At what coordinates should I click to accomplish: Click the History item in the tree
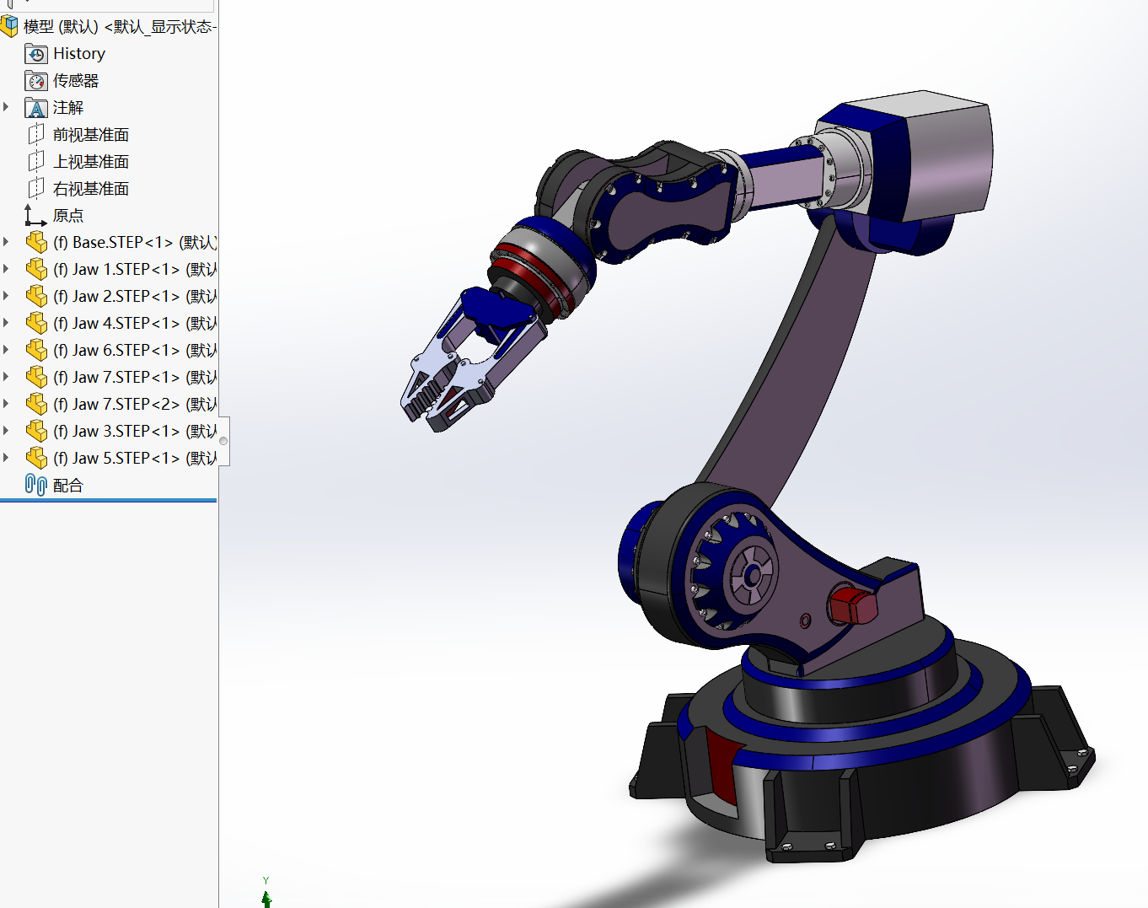[78, 54]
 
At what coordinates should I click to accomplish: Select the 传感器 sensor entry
[75, 81]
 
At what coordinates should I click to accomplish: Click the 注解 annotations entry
[67, 108]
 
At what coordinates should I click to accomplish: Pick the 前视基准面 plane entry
[90, 135]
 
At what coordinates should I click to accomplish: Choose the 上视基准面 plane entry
[90, 162]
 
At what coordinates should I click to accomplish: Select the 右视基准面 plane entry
[90, 189]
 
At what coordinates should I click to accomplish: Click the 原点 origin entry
[67, 216]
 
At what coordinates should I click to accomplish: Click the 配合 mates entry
[67, 486]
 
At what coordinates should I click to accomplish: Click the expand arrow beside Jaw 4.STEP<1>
[7, 323]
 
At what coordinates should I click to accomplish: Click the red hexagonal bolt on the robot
[852, 605]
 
